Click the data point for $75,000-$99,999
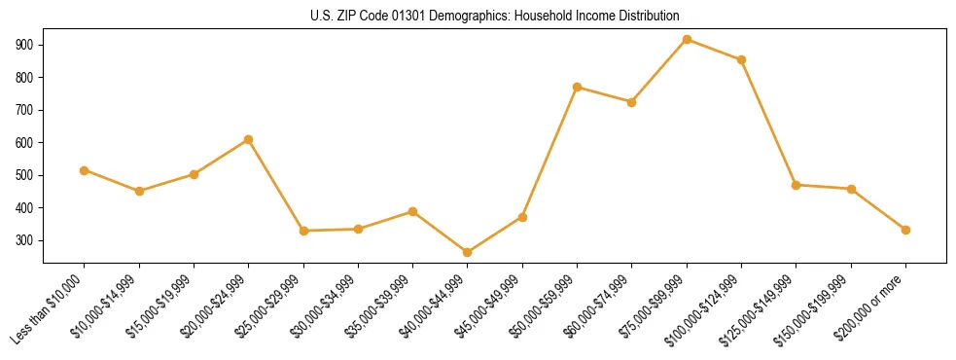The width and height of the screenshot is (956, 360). coord(687,40)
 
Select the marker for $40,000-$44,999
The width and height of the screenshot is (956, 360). coord(468,253)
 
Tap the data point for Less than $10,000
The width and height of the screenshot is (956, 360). coord(85,170)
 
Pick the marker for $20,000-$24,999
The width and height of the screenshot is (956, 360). coord(248,140)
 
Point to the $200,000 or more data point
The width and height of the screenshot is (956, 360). coord(905,230)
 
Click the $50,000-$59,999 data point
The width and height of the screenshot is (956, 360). coord(578,88)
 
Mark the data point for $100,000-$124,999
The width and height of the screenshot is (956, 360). coord(741,59)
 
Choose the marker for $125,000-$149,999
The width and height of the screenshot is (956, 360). coord(797,185)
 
